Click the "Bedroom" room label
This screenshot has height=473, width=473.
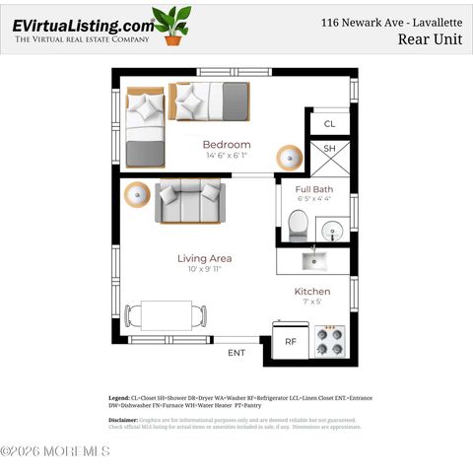[x=227, y=144]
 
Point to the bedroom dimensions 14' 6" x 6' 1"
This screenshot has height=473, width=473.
[x=227, y=156]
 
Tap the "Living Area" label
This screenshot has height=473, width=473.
[x=205, y=258]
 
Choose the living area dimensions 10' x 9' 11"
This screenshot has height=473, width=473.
[x=205, y=270]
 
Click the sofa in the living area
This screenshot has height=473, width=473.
[x=189, y=201]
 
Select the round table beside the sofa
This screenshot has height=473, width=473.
[x=136, y=193]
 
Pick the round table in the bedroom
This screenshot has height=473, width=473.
[x=290, y=157]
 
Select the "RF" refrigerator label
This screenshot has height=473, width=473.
[x=291, y=341]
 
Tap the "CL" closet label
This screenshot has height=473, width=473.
[x=330, y=124]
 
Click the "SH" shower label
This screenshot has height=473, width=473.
[x=330, y=149]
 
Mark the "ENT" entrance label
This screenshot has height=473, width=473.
[x=236, y=352]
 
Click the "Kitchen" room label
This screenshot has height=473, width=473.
[x=312, y=292]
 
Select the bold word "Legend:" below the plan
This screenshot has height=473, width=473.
[x=118, y=398]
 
